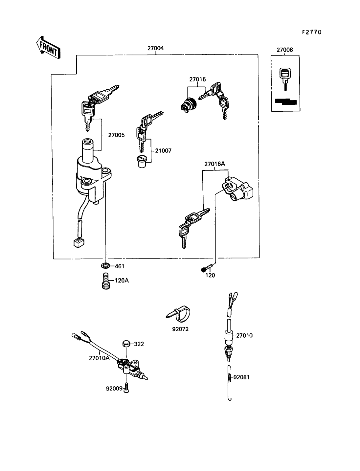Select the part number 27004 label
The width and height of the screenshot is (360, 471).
pyautogui.click(x=155, y=48)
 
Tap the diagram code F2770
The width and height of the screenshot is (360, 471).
pyautogui.click(x=311, y=32)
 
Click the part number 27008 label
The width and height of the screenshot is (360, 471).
pyautogui.click(x=284, y=50)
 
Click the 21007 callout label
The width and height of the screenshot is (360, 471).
pyautogui.click(x=163, y=151)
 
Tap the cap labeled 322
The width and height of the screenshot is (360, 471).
pyautogui.click(x=126, y=344)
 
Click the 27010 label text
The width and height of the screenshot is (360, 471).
pyautogui.click(x=245, y=335)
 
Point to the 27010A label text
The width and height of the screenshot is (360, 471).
pyautogui.click(x=99, y=358)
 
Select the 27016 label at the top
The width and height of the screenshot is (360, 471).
pyautogui.click(x=197, y=79)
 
